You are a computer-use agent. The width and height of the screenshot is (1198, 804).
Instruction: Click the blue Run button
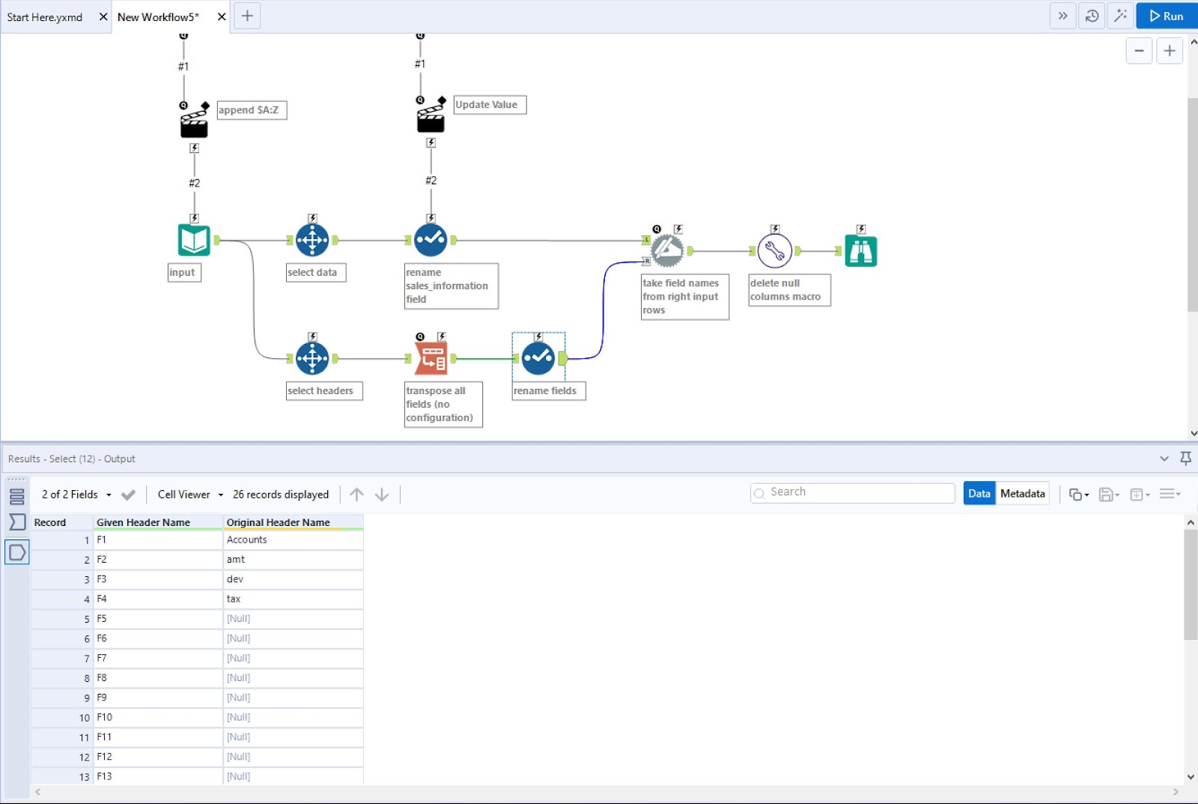pos(1167,16)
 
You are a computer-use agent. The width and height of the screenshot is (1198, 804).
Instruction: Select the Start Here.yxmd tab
pos(45,17)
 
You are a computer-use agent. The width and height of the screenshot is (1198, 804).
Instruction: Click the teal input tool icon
pos(194,241)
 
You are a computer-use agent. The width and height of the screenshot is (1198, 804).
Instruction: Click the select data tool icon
pos(312,241)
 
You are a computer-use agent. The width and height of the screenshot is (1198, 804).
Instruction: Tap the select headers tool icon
pos(312,359)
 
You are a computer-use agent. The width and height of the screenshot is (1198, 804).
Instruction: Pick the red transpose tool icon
pos(431,359)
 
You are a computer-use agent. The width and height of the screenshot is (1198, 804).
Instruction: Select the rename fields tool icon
pos(538,359)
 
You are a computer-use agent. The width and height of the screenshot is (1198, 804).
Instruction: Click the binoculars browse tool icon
pos(861,251)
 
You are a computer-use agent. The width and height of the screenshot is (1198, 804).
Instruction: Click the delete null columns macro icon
pos(775,251)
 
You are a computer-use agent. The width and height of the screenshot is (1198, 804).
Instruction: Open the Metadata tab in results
pos(1022,493)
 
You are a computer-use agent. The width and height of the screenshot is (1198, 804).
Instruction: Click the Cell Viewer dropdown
pos(190,495)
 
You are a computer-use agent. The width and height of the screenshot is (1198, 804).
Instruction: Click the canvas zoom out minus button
pos(1139,51)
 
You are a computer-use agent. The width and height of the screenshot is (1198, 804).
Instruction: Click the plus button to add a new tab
pos(247,16)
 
